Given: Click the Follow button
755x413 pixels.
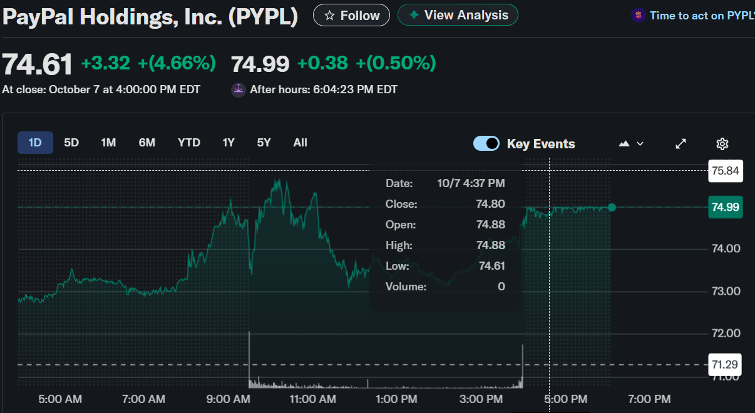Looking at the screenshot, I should click(x=351, y=15).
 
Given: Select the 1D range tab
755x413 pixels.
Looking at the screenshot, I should click(x=35, y=143).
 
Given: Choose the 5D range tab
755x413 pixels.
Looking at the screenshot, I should click(x=71, y=143).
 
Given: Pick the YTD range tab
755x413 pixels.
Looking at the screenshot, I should click(x=188, y=143).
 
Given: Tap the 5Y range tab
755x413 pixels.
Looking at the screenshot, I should click(x=264, y=143).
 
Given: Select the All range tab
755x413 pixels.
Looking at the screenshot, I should click(x=300, y=143).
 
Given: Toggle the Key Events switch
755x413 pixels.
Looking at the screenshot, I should click(x=486, y=143).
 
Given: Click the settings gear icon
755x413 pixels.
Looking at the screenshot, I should click(x=722, y=144).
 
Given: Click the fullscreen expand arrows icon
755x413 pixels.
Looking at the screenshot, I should click(x=681, y=144).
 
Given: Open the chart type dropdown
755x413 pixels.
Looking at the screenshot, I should click(x=631, y=144).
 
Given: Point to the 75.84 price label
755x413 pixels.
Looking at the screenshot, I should click(x=726, y=171).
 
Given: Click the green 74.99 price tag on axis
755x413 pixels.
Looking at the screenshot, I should click(x=726, y=207).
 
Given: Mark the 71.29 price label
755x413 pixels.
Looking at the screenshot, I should click(x=726, y=364).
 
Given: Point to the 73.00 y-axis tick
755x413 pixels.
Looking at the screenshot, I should click(x=726, y=291).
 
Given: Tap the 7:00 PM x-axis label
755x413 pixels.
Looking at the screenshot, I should click(x=649, y=399).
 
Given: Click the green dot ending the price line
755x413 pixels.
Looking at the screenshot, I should click(x=612, y=207).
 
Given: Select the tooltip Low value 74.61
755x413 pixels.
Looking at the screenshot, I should click(x=491, y=266).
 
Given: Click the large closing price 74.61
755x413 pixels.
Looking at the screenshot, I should click(x=38, y=64).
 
